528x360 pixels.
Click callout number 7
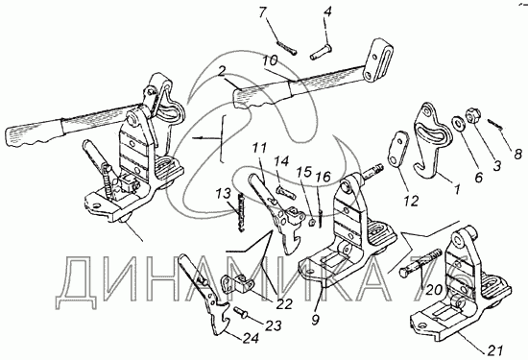coord(263,12)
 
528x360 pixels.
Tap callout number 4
coord(327,12)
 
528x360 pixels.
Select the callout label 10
coord(271,60)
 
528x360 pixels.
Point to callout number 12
coord(411,201)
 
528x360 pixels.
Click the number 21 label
coord(495,350)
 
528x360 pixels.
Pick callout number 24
coord(252,338)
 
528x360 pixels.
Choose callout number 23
coord(273,325)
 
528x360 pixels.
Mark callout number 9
coord(315,320)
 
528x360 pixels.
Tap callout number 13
coord(224,194)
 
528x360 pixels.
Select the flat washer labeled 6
coord(458,122)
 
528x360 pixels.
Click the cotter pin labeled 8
coord(495,124)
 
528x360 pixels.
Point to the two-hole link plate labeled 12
coord(398,149)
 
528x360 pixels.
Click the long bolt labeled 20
coord(420,263)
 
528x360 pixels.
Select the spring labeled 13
coord(241,212)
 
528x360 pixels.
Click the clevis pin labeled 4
coord(320,53)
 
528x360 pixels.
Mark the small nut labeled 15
coord(312,223)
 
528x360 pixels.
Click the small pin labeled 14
coord(286,193)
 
